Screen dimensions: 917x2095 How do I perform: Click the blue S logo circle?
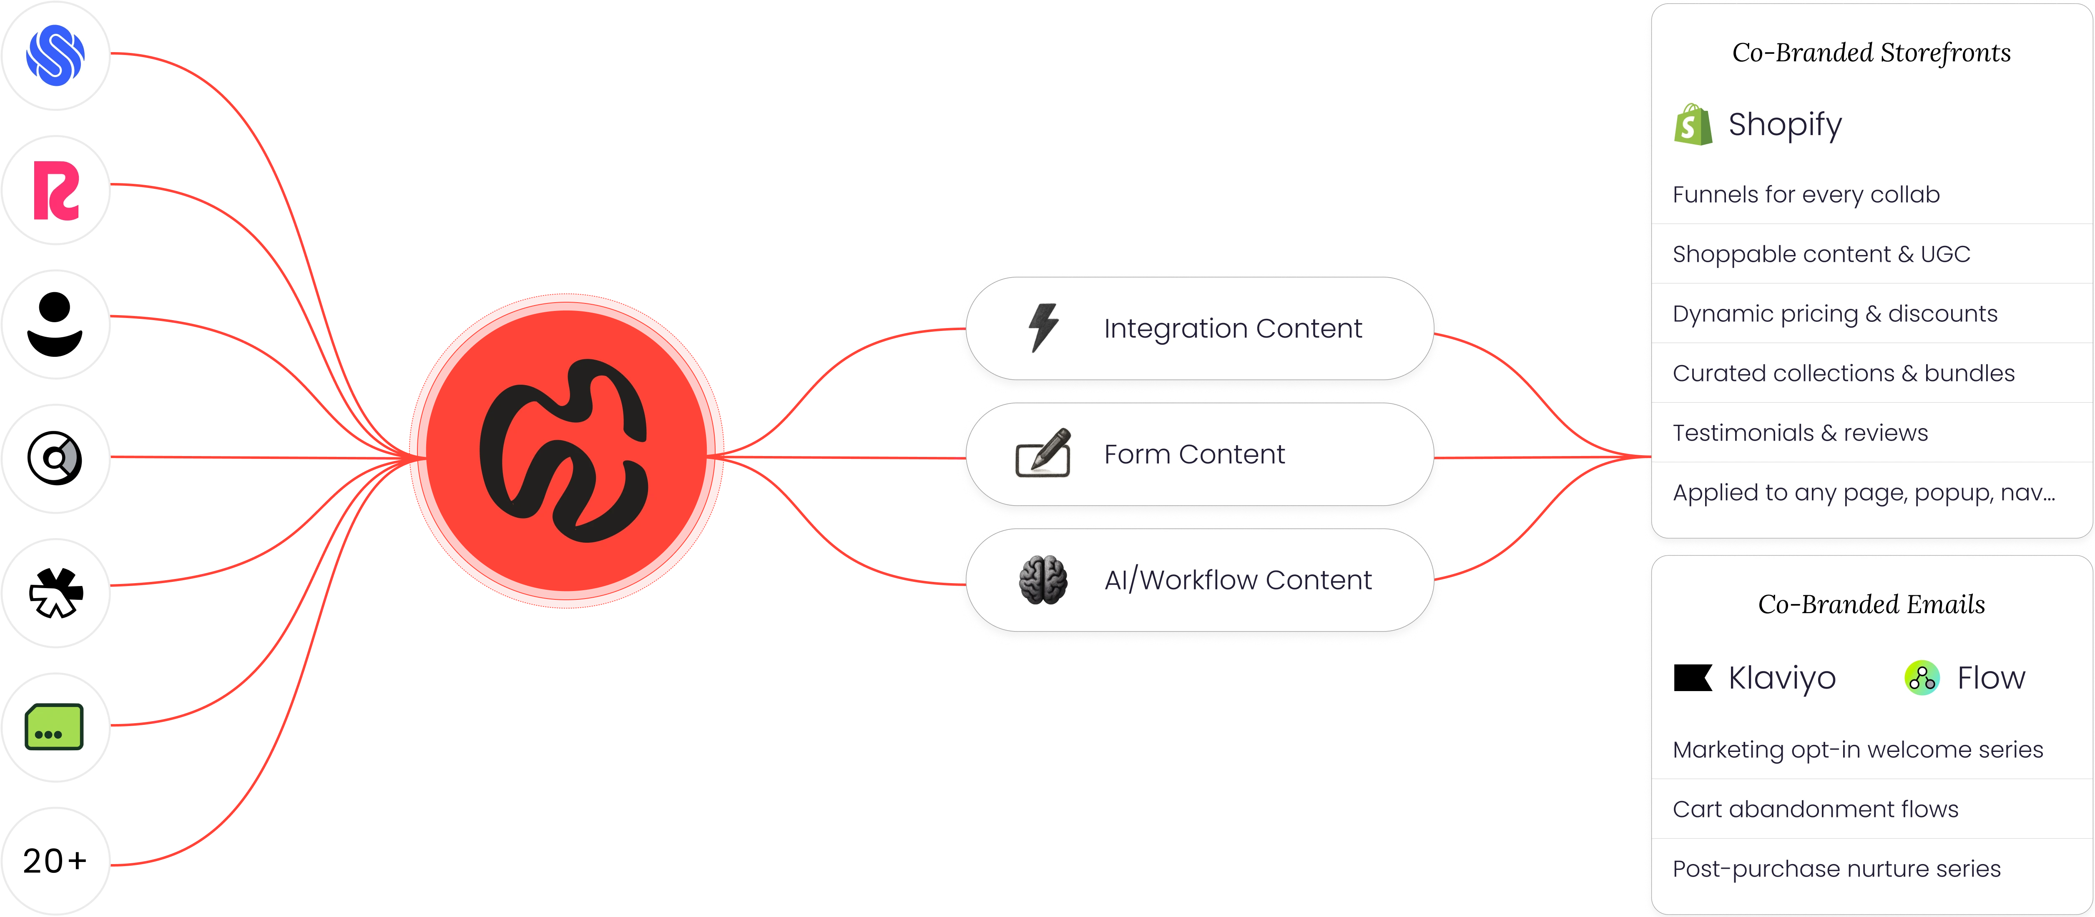click(x=55, y=55)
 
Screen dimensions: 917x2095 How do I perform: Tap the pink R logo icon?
click(x=55, y=190)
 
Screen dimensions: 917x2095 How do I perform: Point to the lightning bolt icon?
click(x=1043, y=328)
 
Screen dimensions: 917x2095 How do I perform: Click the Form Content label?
click(x=1194, y=453)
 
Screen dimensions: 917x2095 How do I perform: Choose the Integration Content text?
click(x=1232, y=328)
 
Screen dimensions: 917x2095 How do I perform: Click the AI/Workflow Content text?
click(x=1237, y=580)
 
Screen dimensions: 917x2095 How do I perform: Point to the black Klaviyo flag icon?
click(x=1693, y=677)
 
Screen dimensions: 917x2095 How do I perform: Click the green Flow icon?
click(x=1922, y=677)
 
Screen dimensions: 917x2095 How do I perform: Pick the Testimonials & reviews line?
click(x=1800, y=433)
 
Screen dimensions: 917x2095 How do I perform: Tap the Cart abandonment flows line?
click(x=1815, y=809)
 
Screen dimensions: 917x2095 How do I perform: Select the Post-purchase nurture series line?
click(x=1836, y=868)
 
